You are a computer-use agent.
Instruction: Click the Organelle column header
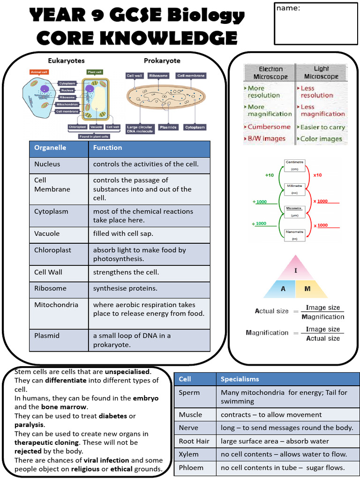(50, 148)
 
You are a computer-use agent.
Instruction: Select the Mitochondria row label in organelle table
(50, 305)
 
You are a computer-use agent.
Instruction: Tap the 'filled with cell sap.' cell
(123, 234)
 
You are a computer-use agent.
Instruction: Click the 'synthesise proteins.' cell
(125, 288)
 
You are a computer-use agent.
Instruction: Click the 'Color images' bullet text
(321, 139)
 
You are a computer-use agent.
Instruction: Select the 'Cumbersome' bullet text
(269, 127)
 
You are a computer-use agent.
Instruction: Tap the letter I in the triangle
(296, 270)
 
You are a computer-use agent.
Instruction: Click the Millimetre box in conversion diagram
(295, 188)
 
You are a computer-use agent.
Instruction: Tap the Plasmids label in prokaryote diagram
(168, 127)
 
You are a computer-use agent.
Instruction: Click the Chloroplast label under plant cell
(77, 127)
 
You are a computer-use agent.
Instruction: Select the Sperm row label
(189, 393)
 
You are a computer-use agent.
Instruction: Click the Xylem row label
(189, 454)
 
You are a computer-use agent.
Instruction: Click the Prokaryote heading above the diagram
(162, 61)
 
